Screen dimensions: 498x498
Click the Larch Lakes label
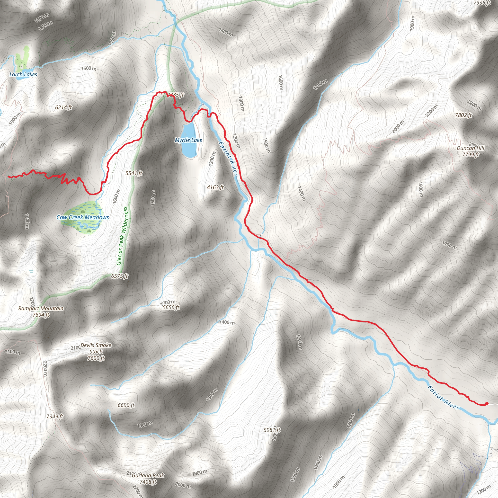click(23, 74)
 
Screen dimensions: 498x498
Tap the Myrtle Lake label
click(188, 140)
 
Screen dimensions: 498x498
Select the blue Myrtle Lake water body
click(190, 150)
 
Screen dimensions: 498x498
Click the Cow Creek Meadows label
click(82, 217)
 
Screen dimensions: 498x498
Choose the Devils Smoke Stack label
click(96, 352)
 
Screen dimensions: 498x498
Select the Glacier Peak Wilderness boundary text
click(122, 236)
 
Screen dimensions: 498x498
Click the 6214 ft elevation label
click(63, 107)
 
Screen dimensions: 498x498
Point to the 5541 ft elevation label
click(134, 173)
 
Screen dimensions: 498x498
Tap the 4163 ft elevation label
click(215, 187)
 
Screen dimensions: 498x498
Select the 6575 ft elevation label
click(120, 276)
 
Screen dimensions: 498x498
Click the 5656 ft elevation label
click(171, 307)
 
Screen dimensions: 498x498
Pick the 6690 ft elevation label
click(126, 405)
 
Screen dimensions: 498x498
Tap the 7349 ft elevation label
click(55, 416)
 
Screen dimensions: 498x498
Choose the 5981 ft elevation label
click(272, 430)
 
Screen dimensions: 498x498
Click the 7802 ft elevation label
click(463, 115)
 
